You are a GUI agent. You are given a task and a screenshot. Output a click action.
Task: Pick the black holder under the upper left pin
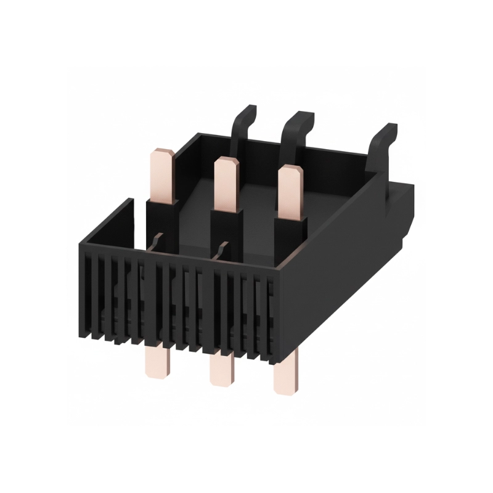coord(161,219)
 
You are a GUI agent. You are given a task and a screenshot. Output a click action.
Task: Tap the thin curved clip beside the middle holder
coord(220,251)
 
